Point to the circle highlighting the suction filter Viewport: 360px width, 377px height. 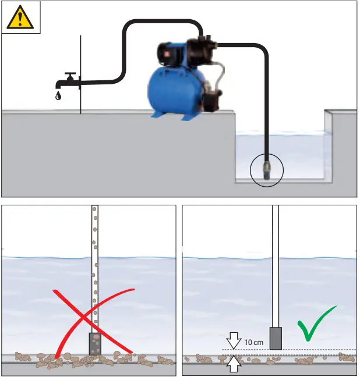click(266, 171)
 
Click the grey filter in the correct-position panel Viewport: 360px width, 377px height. click(276, 337)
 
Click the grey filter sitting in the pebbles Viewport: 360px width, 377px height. click(94, 343)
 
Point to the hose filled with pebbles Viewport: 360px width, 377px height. click(94, 262)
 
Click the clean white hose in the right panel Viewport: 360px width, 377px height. click(276, 262)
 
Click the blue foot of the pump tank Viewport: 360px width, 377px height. click(188, 116)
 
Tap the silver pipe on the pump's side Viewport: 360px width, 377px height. click(220, 76)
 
